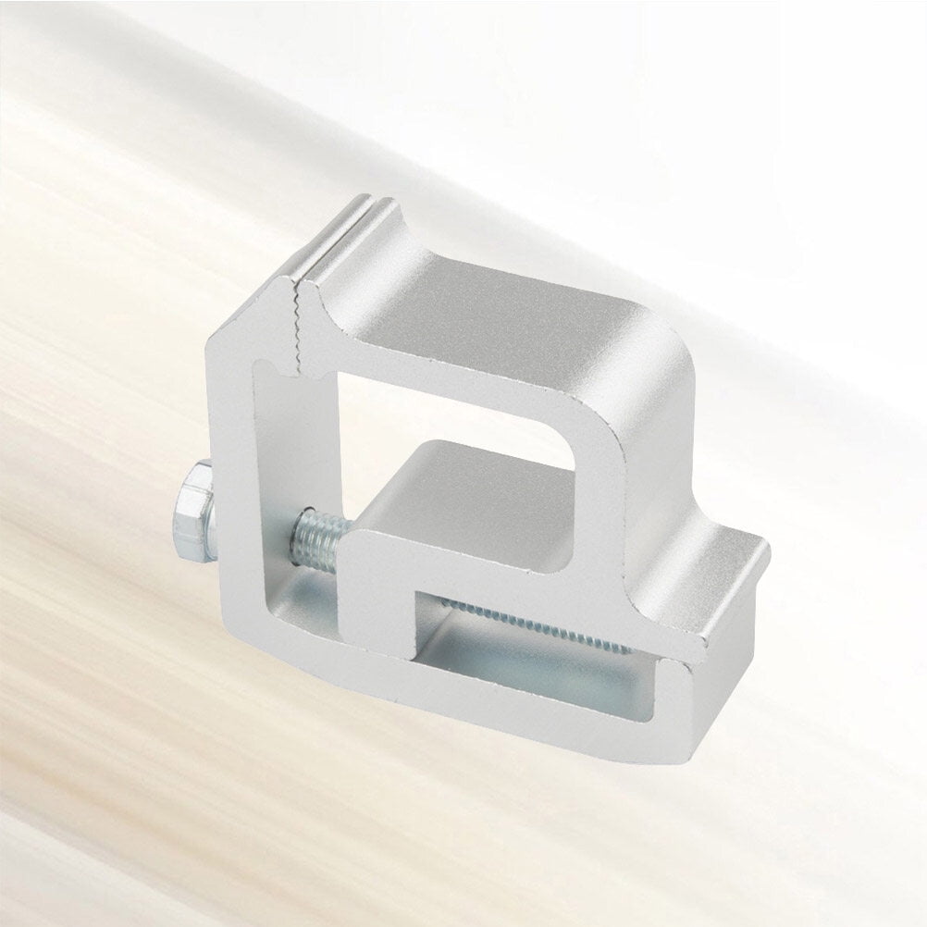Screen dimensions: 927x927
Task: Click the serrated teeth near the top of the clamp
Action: (298, 324)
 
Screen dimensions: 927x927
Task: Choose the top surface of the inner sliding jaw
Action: (481, 481)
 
